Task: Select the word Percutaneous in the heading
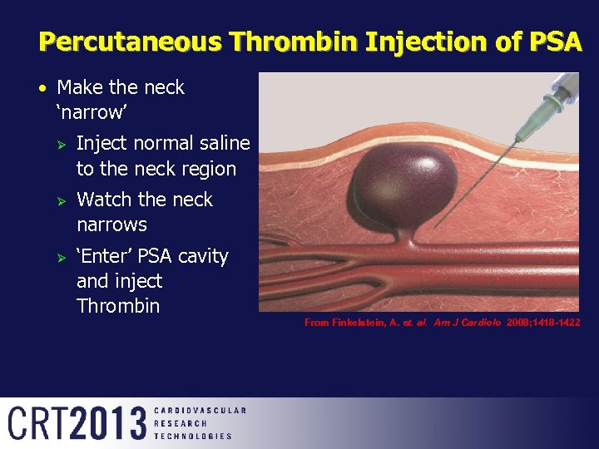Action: pos(130,42)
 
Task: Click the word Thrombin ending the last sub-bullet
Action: pos(118,305)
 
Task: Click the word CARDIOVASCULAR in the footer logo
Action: pos(200,410)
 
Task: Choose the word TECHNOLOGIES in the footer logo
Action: pos(193,436)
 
